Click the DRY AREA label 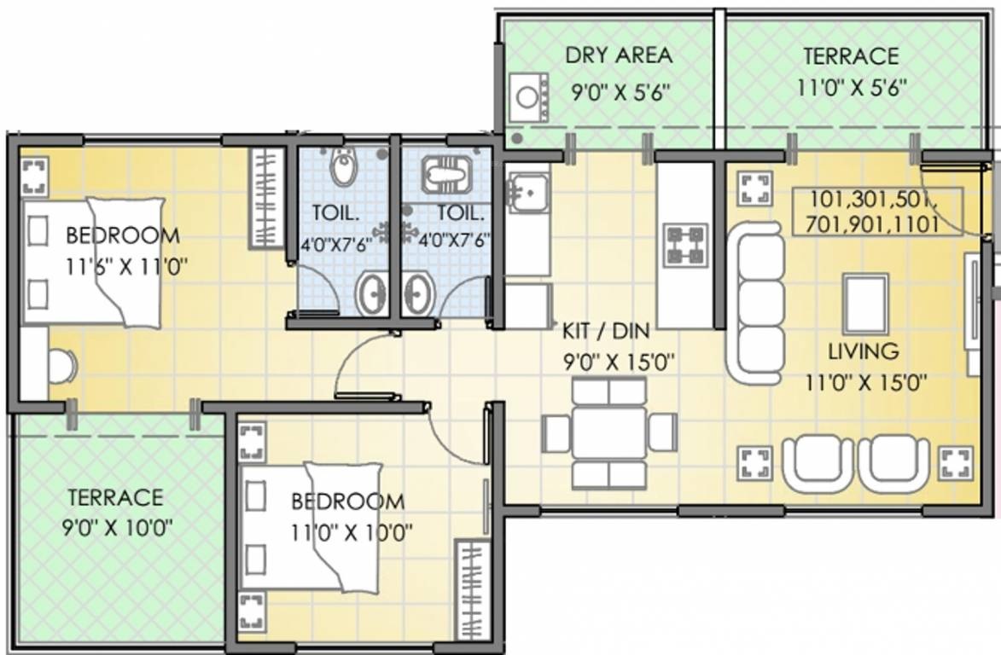point(619,55)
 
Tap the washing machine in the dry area point(529,97)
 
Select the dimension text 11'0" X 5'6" point(852,87)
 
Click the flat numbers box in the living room point(877,212)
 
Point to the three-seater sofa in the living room point(756,304)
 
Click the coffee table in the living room point(865,304)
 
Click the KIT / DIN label point(605,331)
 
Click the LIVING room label point(863,351)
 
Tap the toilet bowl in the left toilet point(343,167)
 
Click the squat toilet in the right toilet point(445,174)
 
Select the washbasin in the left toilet point(371,293)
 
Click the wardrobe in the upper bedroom point(267,198)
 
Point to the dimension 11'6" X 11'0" point(125,266)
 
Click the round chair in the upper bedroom point(62,367)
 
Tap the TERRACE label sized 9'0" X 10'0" point(115,497)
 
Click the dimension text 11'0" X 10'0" point(352,531)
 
